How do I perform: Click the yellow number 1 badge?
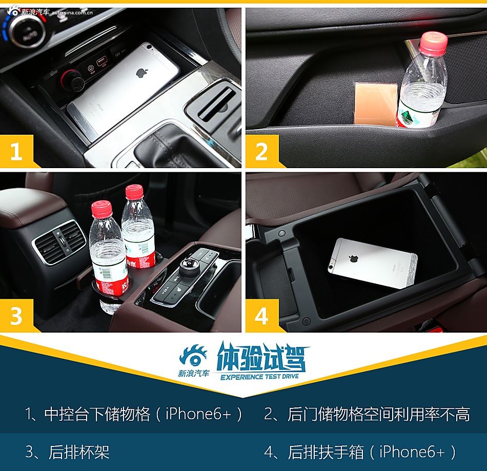tap(16, 152)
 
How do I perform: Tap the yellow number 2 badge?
tap(261, 152)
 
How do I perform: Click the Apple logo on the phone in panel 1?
tap(142, 72)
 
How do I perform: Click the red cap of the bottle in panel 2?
tap(433, 44)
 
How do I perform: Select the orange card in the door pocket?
tap(376, 104)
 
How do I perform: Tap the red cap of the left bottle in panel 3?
tap(102, 209)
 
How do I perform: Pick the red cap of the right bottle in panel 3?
tap(134, 192)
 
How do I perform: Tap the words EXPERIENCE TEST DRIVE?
tap(259, 377)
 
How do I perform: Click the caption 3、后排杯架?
tap(68, 452)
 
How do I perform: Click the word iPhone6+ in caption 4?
tap(412, 452)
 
